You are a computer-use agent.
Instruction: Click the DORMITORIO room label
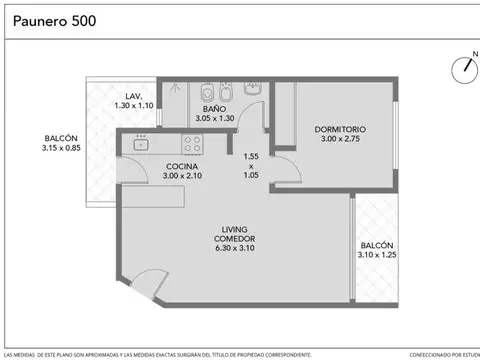pos(340,129)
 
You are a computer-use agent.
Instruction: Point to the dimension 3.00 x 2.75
pos(340,140)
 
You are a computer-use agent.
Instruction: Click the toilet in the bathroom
pos(205,93)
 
